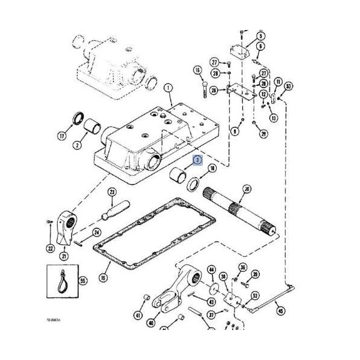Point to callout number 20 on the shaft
(247, 190)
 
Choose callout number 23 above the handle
(112, 192)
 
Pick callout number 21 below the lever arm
(64, 256)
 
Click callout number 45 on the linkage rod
(278, 310)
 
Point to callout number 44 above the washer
(211, 271)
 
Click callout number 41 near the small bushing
(137, 315)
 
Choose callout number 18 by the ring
(212, 170)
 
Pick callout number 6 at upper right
(262, 46)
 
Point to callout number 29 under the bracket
(263, 134)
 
